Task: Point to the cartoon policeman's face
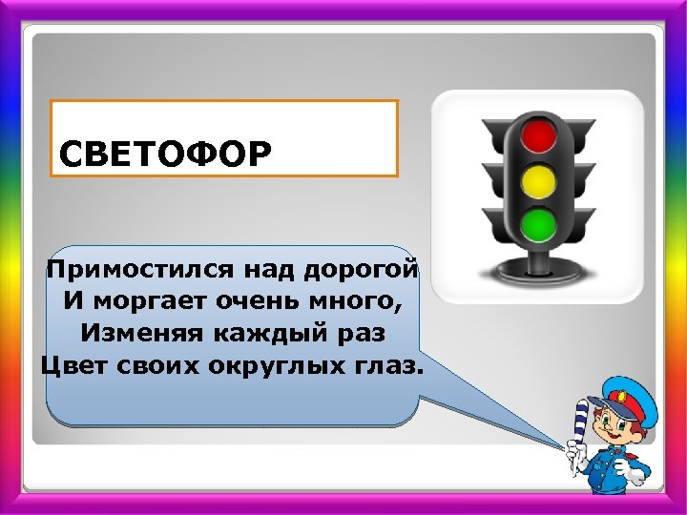[614, 425]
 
